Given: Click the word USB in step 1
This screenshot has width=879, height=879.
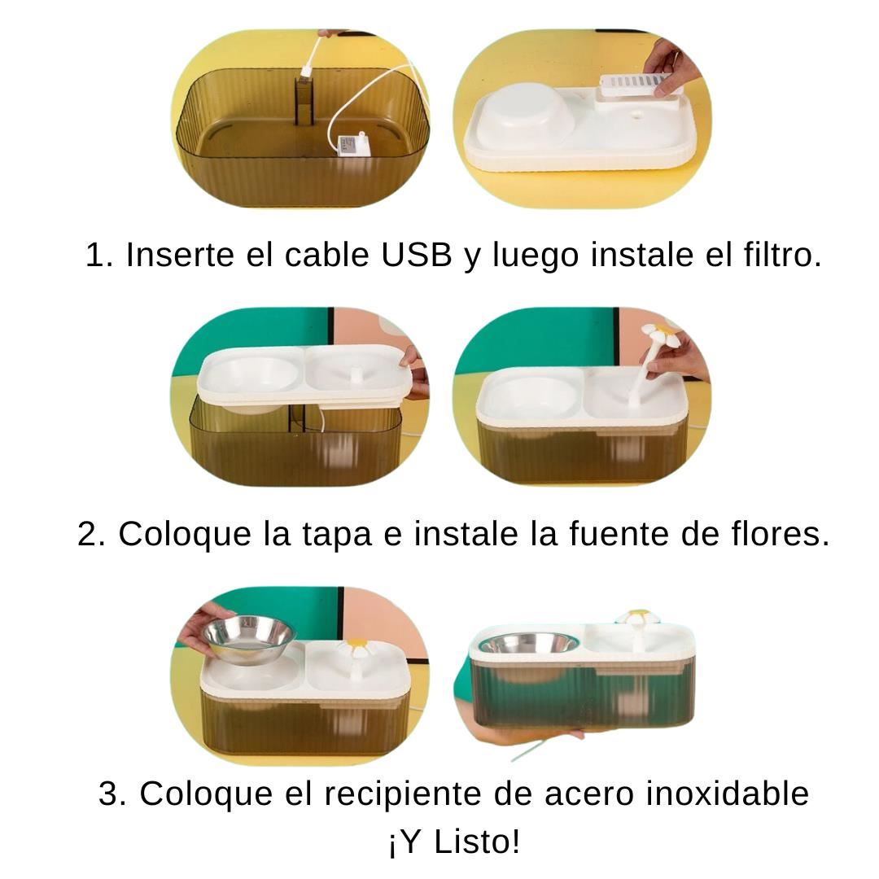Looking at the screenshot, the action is pos(416,255).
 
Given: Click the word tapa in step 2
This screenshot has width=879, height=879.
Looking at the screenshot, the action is pos(337,535).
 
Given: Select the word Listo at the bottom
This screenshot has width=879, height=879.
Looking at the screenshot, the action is pos(477,842).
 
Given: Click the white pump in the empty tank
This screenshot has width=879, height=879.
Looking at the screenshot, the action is pos(352,146).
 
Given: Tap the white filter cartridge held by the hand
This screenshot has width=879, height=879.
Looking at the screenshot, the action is pos(636,85).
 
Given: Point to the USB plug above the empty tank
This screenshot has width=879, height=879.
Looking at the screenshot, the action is pos(306,71).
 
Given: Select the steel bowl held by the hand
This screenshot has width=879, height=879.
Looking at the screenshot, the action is pos(248,638).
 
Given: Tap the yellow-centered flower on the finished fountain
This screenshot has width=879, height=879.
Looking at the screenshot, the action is pos(639,617).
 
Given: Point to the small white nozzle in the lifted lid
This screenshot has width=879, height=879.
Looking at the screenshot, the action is pos(356,376).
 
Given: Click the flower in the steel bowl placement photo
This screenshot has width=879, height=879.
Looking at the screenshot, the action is pos(356,648).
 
